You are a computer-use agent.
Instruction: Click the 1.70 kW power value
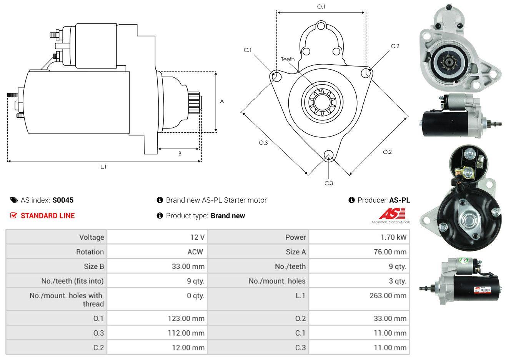(393, 237)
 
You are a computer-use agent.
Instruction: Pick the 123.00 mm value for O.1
(186, 318)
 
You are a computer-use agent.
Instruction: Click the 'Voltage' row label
(92, 237)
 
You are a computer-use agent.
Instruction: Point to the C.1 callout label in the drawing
(248, 50)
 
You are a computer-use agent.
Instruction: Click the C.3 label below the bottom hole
(329, 183)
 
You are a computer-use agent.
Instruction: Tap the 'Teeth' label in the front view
(288, 59)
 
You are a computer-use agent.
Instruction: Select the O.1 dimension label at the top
(321, 7)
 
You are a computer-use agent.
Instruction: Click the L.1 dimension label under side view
(103, 167)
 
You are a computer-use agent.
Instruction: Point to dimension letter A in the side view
(222, 102)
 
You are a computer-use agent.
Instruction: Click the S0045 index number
(63, 200)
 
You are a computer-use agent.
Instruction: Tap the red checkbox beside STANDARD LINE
(13, 216)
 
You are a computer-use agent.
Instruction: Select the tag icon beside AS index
(14, 200)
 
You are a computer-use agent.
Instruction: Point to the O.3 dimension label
(263, 143)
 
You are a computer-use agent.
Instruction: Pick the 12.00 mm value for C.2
(188, 348)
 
